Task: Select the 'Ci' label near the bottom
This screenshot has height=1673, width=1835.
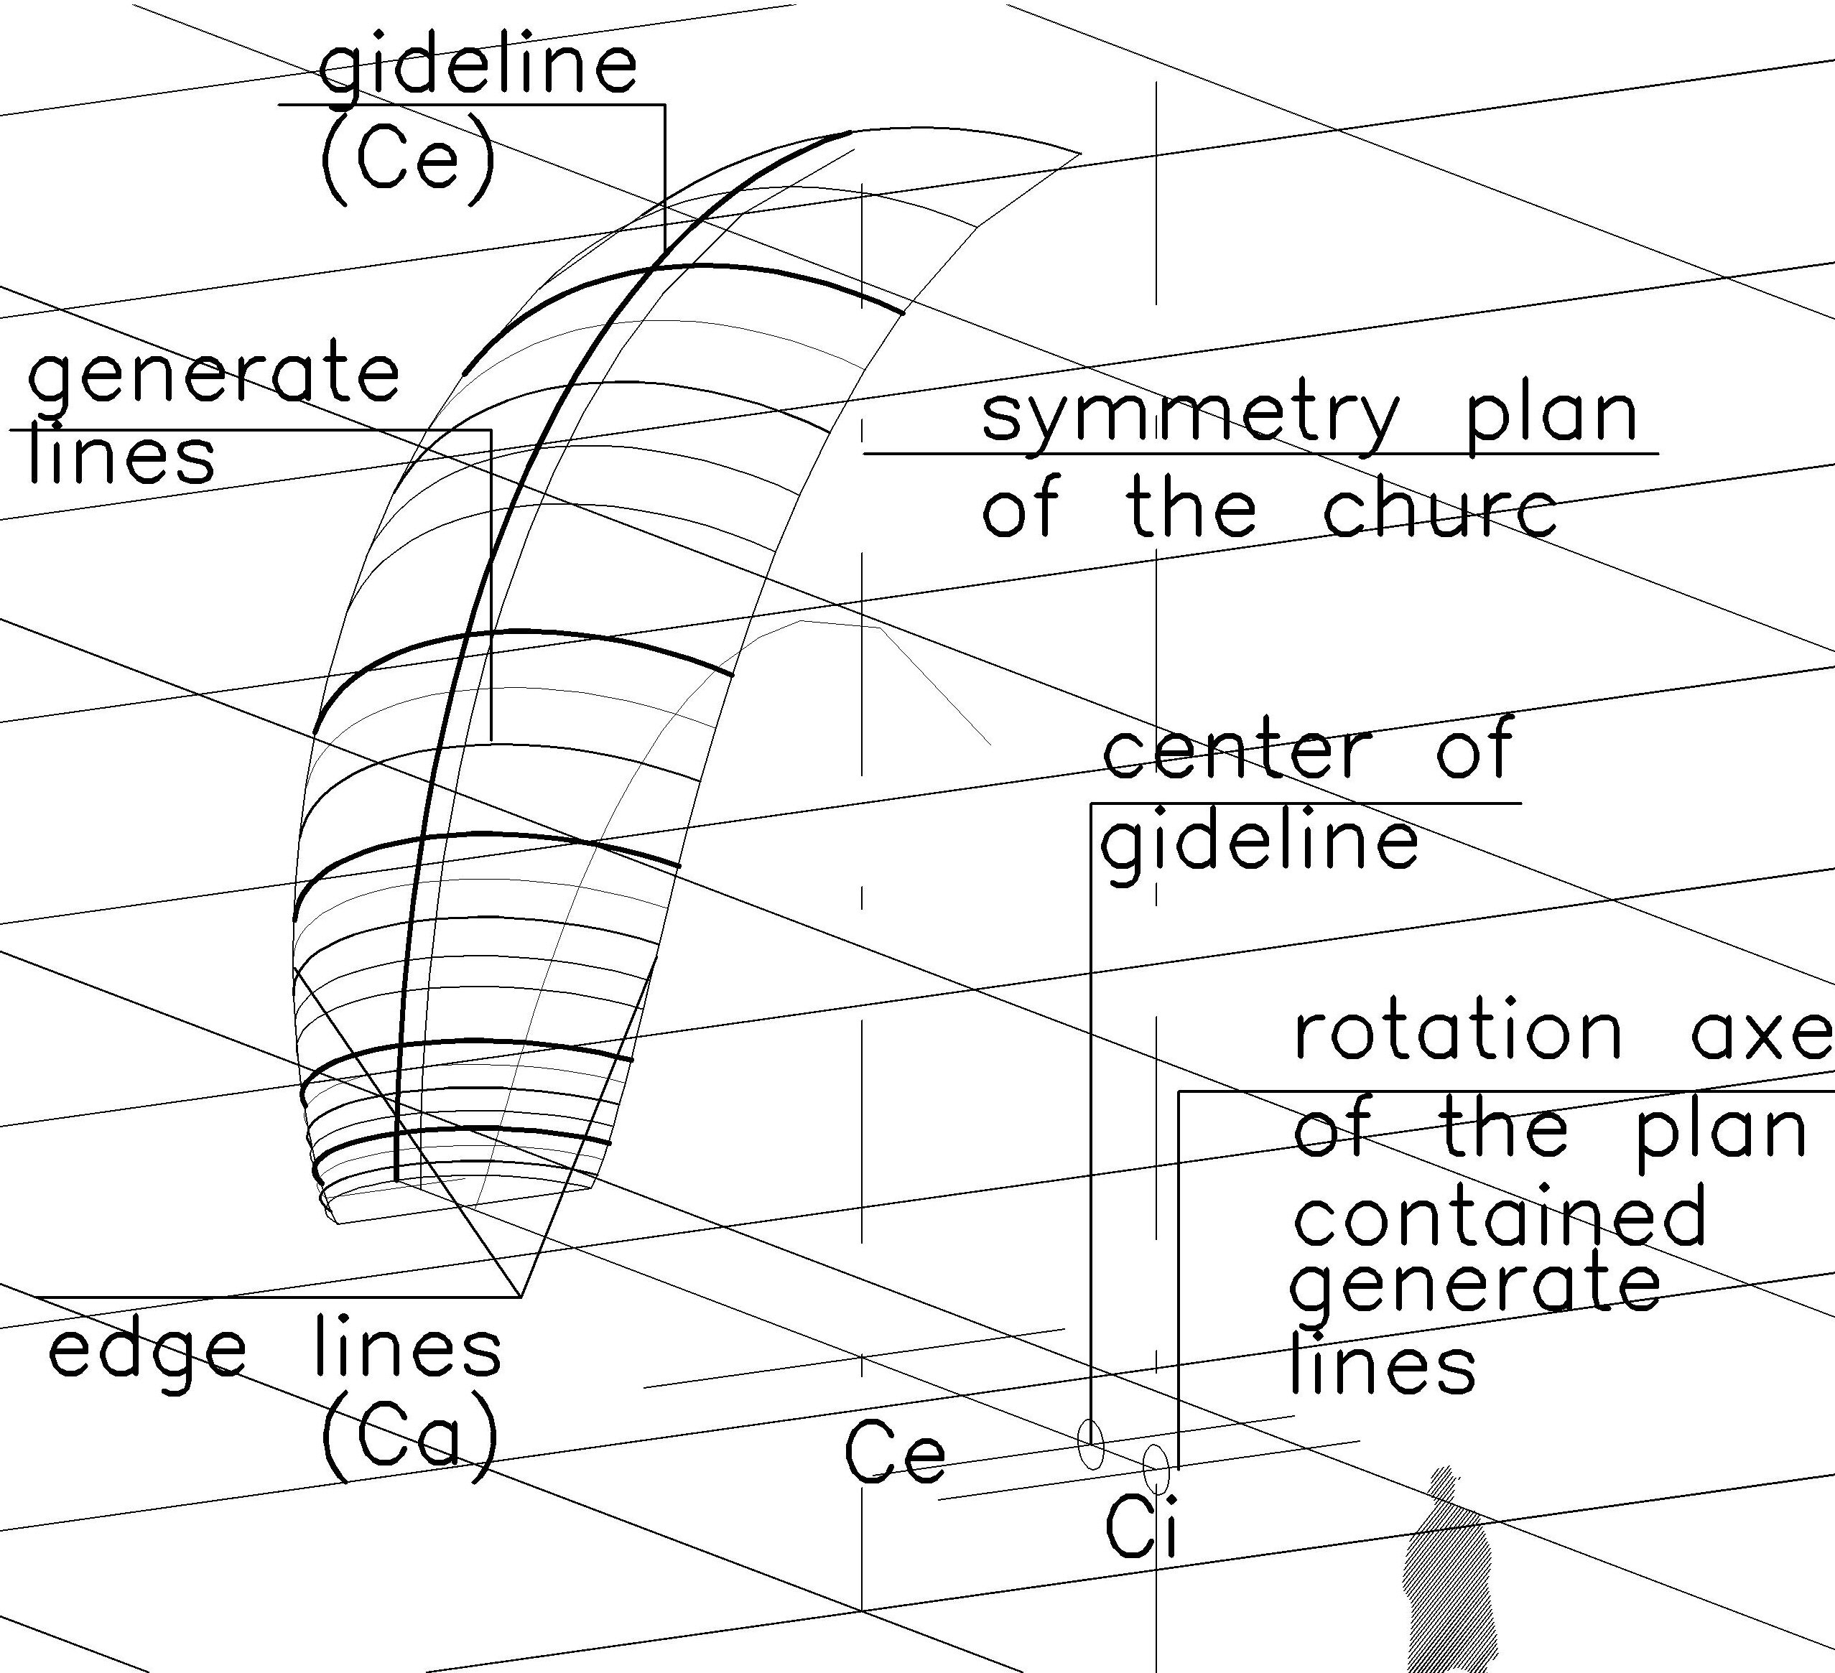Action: coord(1141,1527)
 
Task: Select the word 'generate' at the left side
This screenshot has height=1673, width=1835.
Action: coord(214,375)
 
